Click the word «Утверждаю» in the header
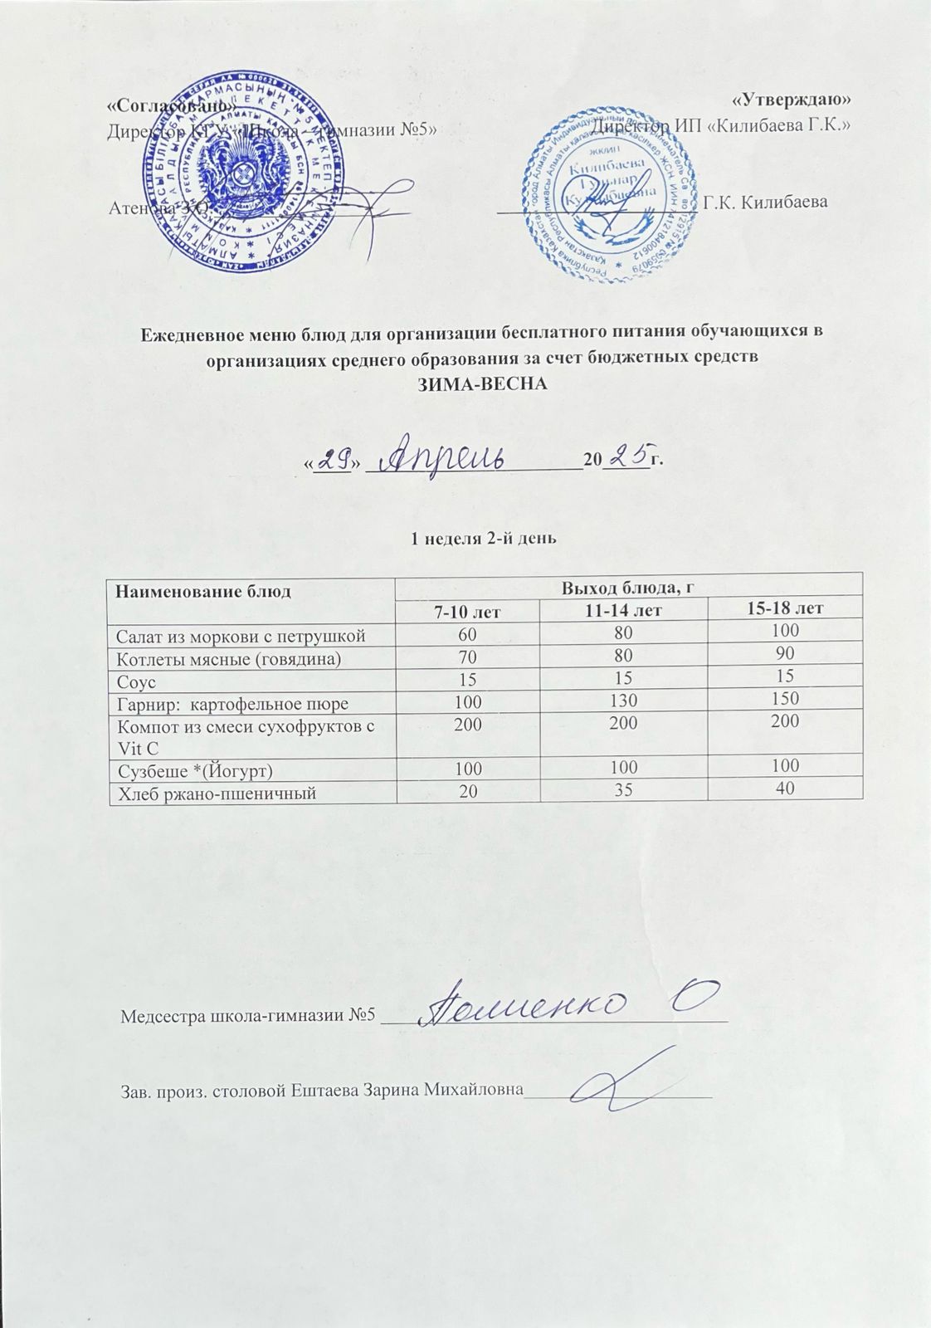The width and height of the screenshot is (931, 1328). [792, 100]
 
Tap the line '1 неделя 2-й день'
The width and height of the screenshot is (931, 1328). [484, 537]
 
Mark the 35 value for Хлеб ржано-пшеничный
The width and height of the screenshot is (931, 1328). [625, 790]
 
